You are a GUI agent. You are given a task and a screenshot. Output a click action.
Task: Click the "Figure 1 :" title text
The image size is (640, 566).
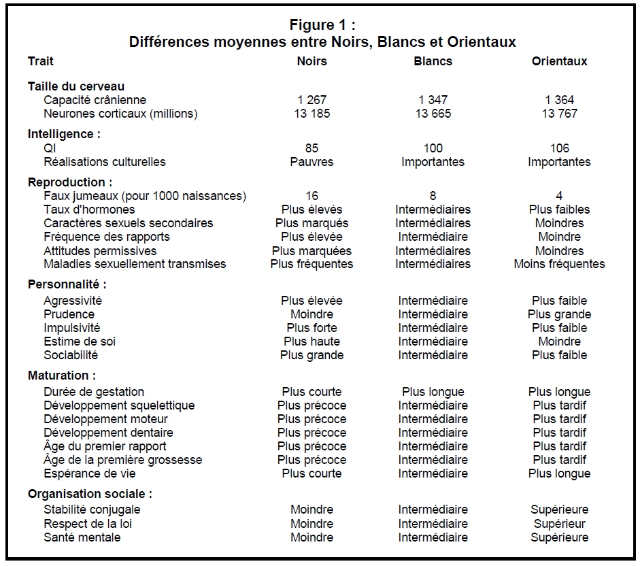pos(322,26)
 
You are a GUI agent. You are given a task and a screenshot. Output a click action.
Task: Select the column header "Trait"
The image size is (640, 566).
pos(41,61)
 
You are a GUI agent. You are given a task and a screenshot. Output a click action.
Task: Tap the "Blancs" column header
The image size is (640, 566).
pos(433,61)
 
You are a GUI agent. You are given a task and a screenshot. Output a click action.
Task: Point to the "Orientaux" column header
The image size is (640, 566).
pos(559,61)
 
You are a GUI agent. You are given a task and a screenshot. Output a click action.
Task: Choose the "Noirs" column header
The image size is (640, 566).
pos(311,61)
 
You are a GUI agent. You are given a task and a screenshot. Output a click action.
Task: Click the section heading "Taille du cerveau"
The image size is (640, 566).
pos(76,86)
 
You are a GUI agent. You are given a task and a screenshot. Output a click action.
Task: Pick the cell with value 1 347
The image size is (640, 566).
pos(433,100)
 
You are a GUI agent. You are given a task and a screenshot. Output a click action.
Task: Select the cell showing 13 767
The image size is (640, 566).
pos(559,114)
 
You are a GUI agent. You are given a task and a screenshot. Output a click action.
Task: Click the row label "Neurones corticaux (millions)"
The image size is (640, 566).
pos(120,114)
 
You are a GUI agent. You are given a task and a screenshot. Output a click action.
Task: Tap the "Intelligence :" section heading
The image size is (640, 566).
pos(64,134)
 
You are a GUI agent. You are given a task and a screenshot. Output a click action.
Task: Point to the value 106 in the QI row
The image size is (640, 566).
pos(559,148)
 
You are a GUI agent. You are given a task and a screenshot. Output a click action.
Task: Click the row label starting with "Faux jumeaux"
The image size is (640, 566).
pos(144,196)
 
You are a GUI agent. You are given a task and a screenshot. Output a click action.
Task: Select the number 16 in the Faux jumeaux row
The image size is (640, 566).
pos(311,196)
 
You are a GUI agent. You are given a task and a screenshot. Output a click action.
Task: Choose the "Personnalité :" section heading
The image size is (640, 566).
pos(67,284)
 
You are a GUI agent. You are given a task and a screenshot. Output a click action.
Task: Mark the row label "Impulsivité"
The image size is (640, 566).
pos(72,328)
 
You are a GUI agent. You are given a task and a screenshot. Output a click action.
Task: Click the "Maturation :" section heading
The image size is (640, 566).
pos(62,376)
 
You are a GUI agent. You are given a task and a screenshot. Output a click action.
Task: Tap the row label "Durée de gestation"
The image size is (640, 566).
pos(94,392)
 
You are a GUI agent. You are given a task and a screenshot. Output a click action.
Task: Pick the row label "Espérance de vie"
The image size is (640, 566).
pos(90,473)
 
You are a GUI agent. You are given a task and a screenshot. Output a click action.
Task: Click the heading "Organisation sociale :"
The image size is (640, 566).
pos(90,494)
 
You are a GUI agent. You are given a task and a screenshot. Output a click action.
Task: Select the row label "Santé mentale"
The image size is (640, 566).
pos(82,537)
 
